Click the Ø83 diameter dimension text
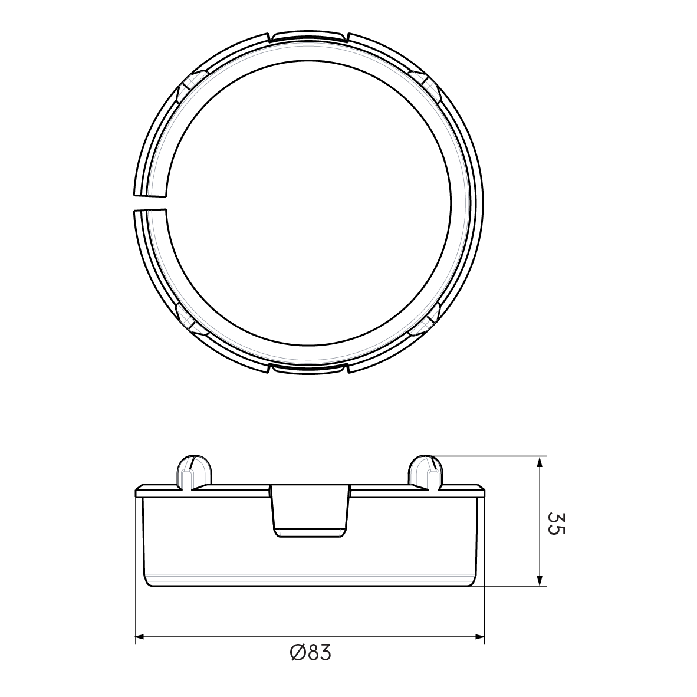point(311,653)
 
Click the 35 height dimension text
point(555,522)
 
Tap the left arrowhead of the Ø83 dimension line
point(140,637)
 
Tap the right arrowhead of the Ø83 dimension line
point(480,637)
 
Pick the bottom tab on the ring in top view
point(309,368)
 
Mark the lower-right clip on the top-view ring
point(426,318)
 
